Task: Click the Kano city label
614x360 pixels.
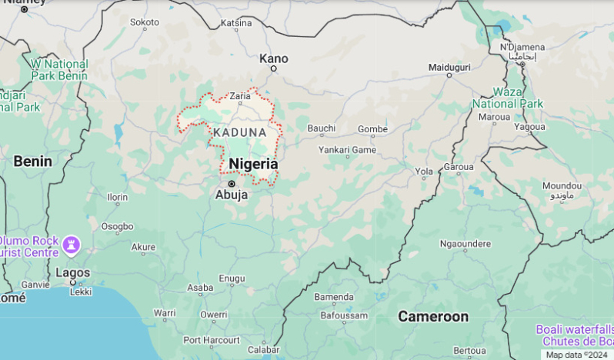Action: (273, 58)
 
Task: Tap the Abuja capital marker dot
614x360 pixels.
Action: (231, 184)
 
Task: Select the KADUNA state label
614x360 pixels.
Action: (240, 132)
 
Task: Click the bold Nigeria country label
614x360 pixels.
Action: (253, 164)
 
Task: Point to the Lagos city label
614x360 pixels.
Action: (73, 272)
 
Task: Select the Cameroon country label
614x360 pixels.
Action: (432, 316)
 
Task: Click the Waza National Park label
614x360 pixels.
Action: (507, 98)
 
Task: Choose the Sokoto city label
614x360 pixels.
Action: (144, 22)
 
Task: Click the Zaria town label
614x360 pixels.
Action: (240, 96)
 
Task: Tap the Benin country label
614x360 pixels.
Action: (32, 161)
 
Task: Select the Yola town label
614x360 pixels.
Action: (424, 171)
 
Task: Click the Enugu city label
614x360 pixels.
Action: (232, 278)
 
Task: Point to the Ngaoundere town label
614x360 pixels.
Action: (465, 244)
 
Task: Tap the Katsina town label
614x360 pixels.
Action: (236, 23)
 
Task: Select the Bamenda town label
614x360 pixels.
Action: (334, 297)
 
